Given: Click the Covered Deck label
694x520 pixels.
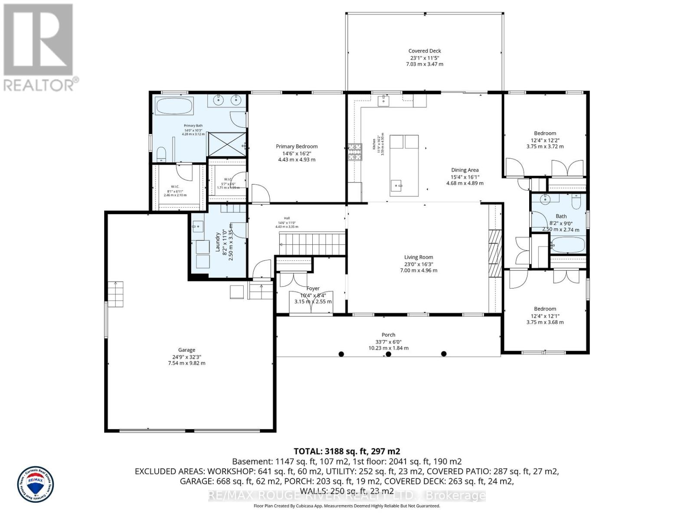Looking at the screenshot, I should [x=425, y=51].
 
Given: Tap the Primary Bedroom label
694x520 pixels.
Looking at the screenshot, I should [x=297, y=146].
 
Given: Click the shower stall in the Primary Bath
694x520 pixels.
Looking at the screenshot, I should [x=226, y=144].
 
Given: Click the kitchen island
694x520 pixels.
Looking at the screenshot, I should [x=404, y=166].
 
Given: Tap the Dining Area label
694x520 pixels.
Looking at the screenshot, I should [x=465, y=170].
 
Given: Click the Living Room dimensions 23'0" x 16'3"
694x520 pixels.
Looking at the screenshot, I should [x=419, y=264].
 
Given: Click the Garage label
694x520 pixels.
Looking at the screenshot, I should [x=187, y=350].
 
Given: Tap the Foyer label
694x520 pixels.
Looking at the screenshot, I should [x=313, y=288].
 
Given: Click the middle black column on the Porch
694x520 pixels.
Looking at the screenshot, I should [x=389, y=354].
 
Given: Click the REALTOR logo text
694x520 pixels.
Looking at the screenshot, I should [x=41, y=84].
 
